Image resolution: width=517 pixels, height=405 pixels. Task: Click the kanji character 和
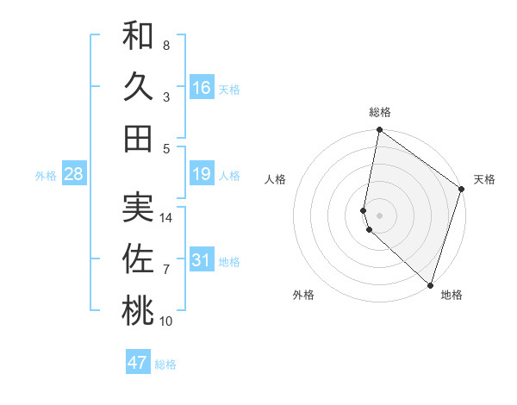[x=138, y=35]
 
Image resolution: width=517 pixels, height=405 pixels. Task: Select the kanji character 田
[x=138, y=138]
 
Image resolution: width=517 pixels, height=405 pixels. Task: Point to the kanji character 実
[x=138, y=208]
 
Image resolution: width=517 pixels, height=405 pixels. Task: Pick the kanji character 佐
[x=138, y=259]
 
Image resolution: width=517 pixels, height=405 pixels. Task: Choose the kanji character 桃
[x=138, y=311]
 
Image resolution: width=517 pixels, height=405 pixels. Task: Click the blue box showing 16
[x=202, y=87]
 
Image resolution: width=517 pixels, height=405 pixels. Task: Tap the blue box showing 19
[x=202, y=175]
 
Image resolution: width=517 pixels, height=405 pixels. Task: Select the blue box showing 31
[x=202, y=260]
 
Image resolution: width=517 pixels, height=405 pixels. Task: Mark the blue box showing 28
[x=74, y=175]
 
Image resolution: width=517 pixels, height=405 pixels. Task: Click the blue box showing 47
[x=138, y=363]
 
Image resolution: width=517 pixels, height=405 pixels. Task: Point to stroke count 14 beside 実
[x=167, y=218]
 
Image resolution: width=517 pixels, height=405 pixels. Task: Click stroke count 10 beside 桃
[x=166, y=321]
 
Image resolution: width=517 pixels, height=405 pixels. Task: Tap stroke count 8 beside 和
[x=166, y=45]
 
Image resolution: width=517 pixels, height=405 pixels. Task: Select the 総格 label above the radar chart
[x=380, y=112]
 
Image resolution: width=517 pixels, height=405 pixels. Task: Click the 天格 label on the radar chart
[x=484, y=179]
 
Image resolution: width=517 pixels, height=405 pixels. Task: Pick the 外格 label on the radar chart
[x=303, y=295]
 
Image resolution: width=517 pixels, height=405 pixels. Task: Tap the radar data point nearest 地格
[x=430, y=284]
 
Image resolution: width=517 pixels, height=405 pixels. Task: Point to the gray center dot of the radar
[x=380, y=215]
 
